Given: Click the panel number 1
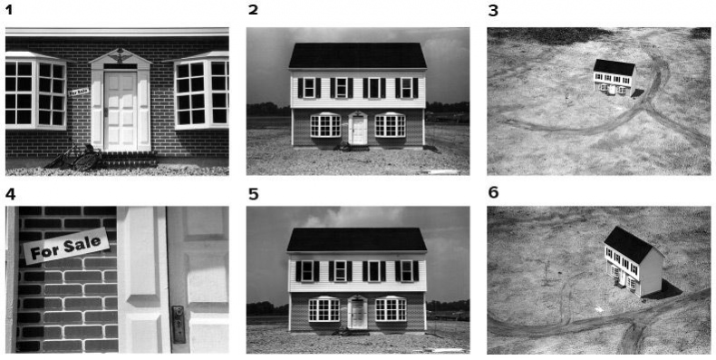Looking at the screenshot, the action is pyautogui.click(x=9, y=10).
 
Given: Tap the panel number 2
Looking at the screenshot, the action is pyautogui.click(x=253, y=10).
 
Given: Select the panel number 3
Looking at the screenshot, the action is pyautogui.click(x=493, y=10).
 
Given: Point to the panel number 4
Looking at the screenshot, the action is pyautogui.click(x=10, y=194).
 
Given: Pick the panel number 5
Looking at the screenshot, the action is pyautogui.click(x=254, y=194).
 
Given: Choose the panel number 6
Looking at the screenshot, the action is pyautogui.click(x=493, y=193).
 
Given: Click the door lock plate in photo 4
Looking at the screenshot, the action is pyautogui.click(x=178, y=324).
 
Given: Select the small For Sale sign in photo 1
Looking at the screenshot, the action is pyautogui.click(x=79, y=92).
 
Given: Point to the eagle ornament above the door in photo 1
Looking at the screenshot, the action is pyautogui.click(x=121, y=54).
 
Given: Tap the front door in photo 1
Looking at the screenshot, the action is pyautogui.click(x=121, y=111).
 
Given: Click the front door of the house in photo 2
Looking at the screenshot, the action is pyautogui.click(x=357, y=130).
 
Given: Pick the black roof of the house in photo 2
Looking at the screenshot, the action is pyautogui.click(x=357, y=55).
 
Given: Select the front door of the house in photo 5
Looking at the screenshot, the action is pyautogui.click(x=357, y=315).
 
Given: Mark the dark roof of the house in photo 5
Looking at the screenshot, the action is pyautogui.click(x=356, y=239).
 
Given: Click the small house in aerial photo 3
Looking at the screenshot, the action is pyautogui.click(x=614, y=78).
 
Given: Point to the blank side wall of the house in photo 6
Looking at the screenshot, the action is pyautogui.click(x=652, y=273).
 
